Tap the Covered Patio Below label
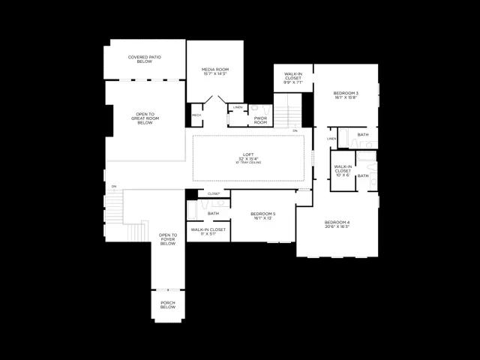[145, 59]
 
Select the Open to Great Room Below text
[145, 118]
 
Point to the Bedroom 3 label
[345, 94]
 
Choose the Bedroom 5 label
[263, 215]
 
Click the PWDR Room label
[260, 120]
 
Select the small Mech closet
[196, 115]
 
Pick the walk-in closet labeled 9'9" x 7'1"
[293, 76]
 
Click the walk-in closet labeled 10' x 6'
[342, 169]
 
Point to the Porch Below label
[168, 305]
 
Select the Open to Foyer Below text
[167, 239]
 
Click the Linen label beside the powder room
[238, 108]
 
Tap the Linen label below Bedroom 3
[331, 139]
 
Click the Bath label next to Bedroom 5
[214, 213]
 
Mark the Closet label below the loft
[214, 193]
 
